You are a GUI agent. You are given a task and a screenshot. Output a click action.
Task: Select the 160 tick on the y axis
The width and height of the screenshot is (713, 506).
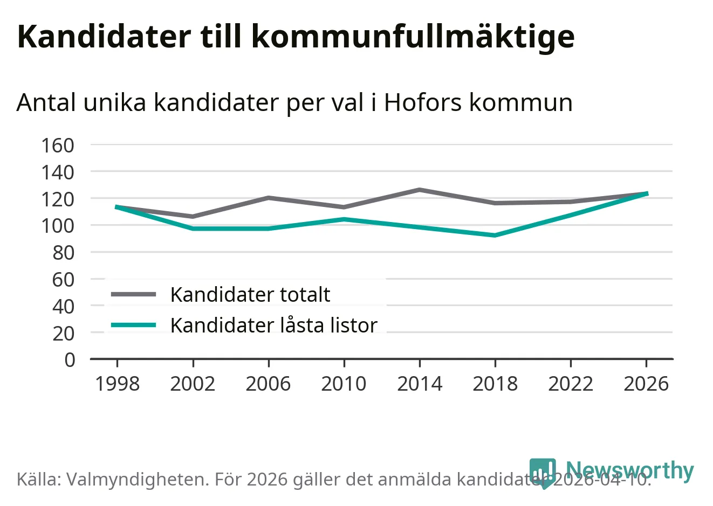[58, 145]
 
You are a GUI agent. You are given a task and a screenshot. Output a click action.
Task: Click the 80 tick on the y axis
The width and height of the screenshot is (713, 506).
[64, 252]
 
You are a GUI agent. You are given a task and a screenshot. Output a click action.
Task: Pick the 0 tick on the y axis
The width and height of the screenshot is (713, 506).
[70, 359]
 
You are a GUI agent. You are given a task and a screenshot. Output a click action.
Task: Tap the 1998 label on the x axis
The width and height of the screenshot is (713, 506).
[117, 384]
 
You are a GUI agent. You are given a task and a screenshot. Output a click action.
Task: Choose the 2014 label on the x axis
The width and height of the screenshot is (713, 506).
[420, 384]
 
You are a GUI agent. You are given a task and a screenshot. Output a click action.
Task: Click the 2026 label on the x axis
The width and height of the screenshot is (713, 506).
[646, 384]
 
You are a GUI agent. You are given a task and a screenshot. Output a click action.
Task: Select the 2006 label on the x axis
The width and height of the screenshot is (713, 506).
[268, 384]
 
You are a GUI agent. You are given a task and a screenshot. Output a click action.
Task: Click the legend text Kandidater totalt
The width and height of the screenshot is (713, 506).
[250, 295]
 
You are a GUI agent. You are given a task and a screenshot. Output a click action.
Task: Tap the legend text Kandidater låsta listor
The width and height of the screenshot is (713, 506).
[273, 325]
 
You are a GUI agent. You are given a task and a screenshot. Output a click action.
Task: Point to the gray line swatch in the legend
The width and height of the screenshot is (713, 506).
[133, 294]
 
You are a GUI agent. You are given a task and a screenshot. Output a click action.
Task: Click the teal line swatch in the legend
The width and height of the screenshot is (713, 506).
[133, 325]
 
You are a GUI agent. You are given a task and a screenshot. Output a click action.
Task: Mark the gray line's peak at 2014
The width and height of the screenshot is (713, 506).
[420, 190]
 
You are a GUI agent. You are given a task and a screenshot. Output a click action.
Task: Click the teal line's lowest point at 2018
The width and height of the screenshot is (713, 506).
[495, 235]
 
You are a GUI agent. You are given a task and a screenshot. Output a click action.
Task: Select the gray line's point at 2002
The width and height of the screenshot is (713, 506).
[193, 217]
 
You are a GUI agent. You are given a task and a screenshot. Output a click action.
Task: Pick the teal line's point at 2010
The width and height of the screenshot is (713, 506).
[344, 219]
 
